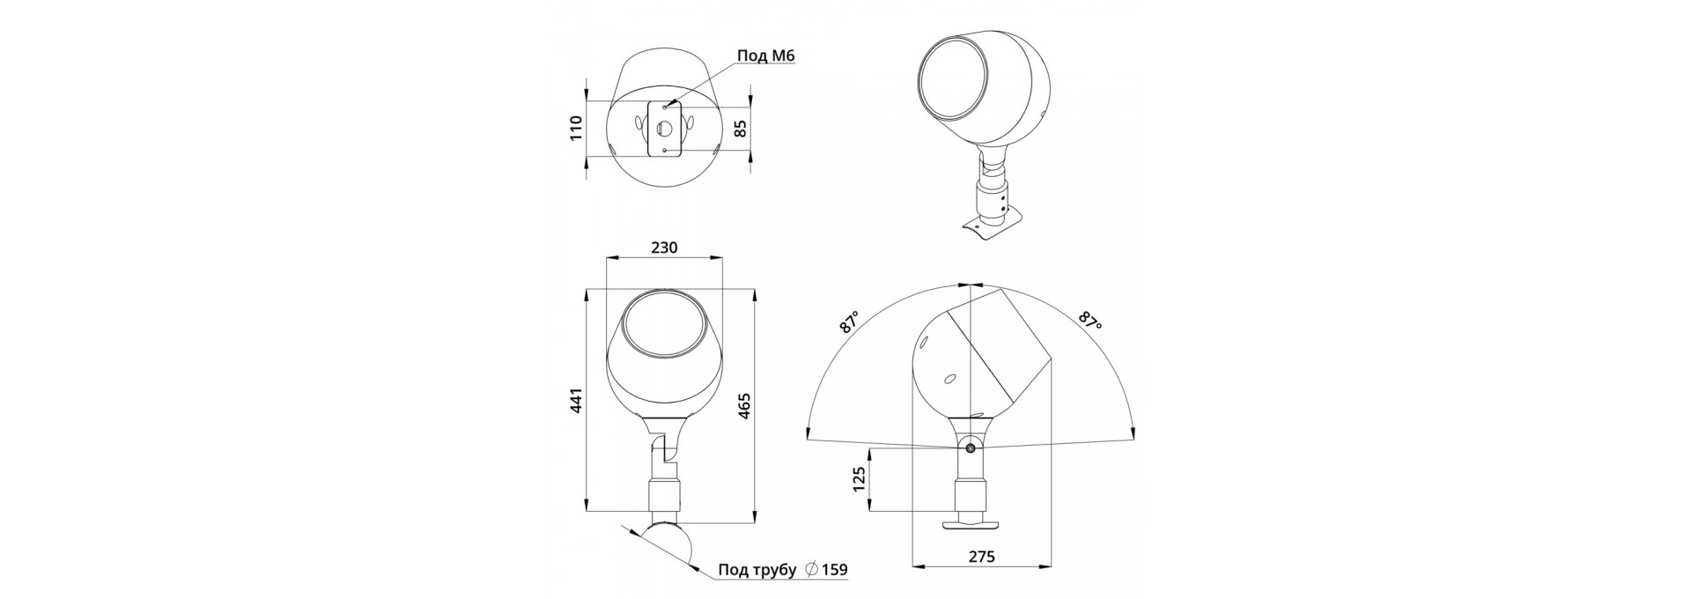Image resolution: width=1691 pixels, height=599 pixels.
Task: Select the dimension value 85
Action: (x=740, y=129)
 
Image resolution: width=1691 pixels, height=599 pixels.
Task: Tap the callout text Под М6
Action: (x=766, y=56)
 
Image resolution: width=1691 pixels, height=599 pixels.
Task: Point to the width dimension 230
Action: (x=664, y=248)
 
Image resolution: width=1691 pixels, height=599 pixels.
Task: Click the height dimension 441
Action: (x=576, y=402)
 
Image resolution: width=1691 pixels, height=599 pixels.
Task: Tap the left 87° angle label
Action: (x=850, y=322)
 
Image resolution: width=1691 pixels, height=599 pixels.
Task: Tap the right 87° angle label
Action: (x=1090, y=322)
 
